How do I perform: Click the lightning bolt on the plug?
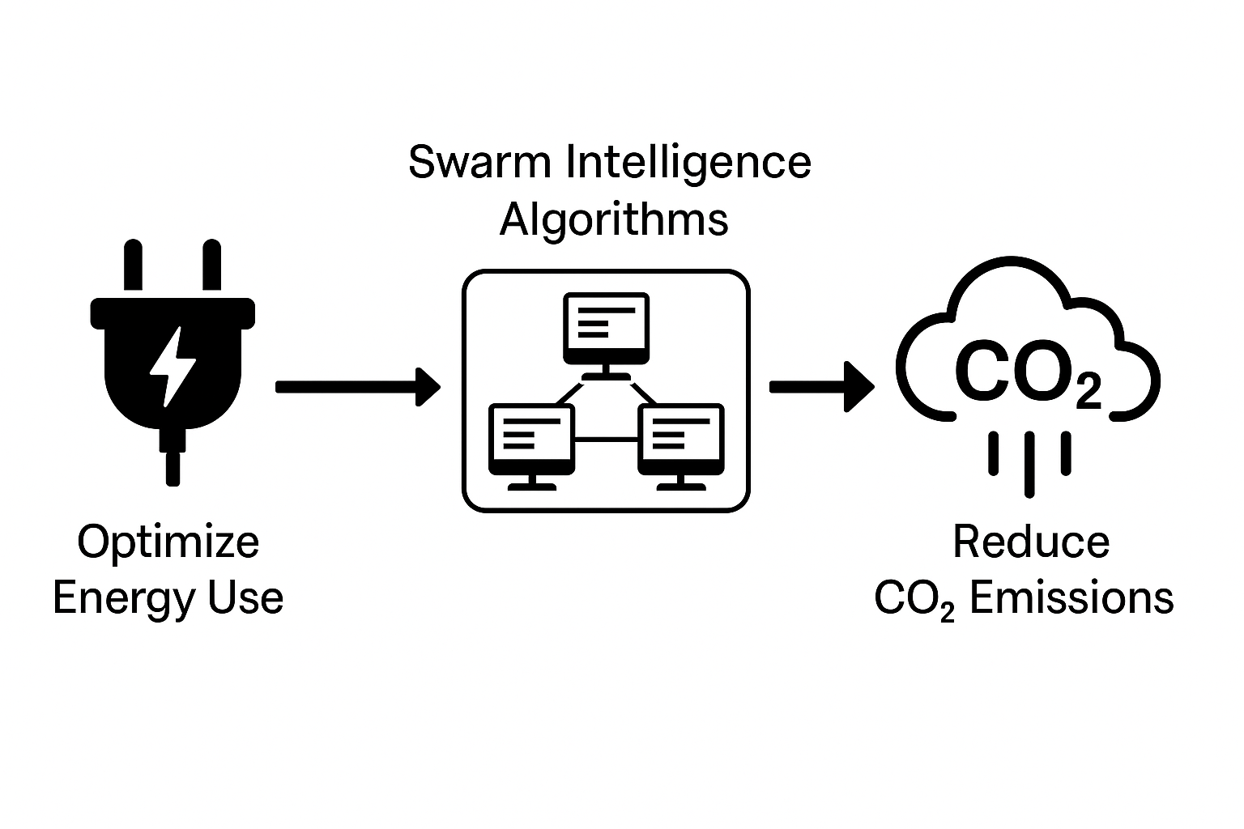pyautogui.click(x=173, y=366)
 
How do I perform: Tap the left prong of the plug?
pyautogui.click(x=134, y=265)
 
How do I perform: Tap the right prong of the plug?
pyautogui.click(x=211, y=265)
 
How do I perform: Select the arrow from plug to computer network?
pyautogui.click(x=356, y=386)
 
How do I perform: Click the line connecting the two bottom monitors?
pyautogui.click(x=607, y=439)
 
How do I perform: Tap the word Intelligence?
pyautogui.click(x=687, y=164)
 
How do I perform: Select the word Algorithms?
pyautogui.click(x=614, y=220)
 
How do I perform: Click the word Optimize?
pyautogui.click(x=168, y=542)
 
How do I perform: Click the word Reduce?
pyautogui.click(x=1030, y=542)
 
